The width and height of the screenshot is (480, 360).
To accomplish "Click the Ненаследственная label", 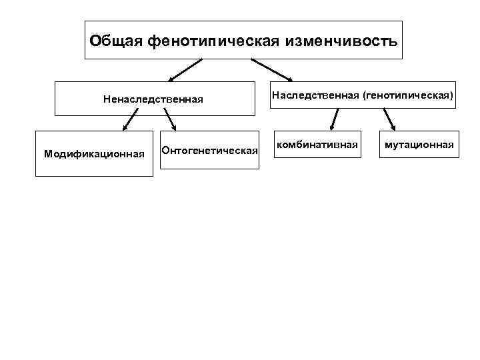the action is pyautogui.click(x=153, y=99).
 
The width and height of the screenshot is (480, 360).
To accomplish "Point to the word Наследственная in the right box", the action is pyautogui.click(x=312, y=96).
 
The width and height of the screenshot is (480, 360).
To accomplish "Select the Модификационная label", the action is pyautogui.click(x=94, y=154).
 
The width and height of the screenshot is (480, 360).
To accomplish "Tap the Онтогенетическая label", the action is pyautogui.click(x=210, y=150).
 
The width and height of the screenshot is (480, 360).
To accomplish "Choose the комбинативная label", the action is pyautogui.click(x=317, y=143).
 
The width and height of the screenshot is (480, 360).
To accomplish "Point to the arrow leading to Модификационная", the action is pyautogui.click(x=130, y=120).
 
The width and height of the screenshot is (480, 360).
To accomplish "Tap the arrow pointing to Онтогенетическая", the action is pyautogui.click(x=169, y=119).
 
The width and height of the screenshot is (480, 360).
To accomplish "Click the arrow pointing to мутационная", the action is pyautogui.click(x=389, y=121).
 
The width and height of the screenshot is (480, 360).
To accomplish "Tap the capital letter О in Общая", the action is pyautogui.click(x=95, y=41).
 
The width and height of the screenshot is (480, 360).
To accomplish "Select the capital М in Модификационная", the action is pyautogui.click(x=47, y=154).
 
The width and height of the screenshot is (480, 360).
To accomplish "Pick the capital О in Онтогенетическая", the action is pyautogui.click(x=166, y=150).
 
